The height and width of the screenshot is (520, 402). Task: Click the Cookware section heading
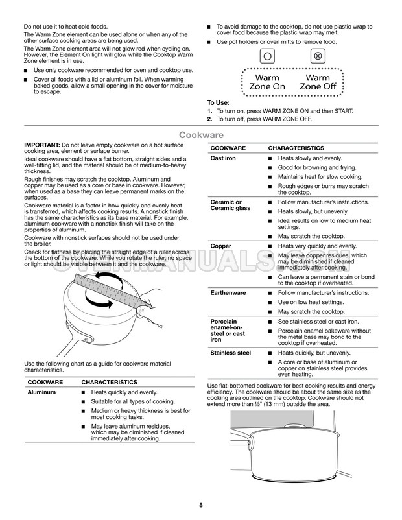[201, 135]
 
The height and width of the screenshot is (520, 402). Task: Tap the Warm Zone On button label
[266, 82]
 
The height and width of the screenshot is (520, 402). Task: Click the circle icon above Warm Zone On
[266, 56]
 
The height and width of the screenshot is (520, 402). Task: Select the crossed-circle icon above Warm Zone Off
[316, 56]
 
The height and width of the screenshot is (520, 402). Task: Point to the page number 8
[201, 505]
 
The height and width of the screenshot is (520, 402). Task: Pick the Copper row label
[221, 246]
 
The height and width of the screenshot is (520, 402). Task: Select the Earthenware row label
[229, 293]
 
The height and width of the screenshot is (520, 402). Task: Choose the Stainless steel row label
[231, 353]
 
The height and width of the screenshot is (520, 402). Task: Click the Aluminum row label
[42, 393]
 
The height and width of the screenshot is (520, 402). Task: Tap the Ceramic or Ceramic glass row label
[230, 206]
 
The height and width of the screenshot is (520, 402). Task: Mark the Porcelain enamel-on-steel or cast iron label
[229, 330]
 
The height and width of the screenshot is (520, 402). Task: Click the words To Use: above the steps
[219, 102]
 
